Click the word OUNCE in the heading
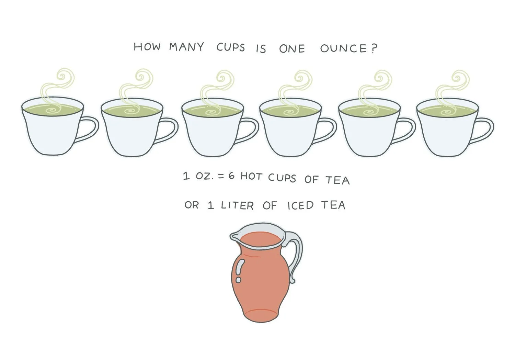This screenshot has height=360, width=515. [x=343, y=48]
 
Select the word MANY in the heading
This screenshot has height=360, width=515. [x=186, y=47]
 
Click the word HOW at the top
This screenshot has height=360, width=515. [x=147, y=46]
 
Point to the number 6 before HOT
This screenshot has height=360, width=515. [x=231, y=176]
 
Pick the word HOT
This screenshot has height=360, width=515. [x=251, y=177]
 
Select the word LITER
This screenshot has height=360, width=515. [x=237, y=205]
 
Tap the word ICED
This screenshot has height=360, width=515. [x=300, y=205]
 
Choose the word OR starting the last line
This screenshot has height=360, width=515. [x=192, y=205]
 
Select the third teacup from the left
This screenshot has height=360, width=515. [x=220, y=127]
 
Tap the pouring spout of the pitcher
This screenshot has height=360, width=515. [x=234, y=236]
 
